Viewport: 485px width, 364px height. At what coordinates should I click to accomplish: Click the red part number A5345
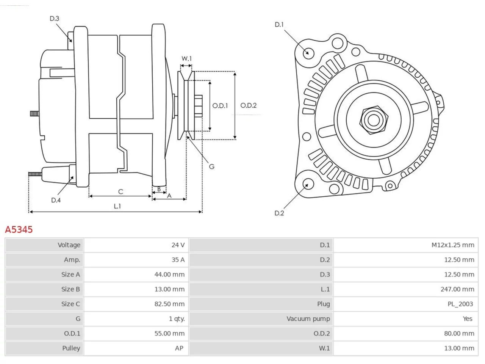click(19, 230)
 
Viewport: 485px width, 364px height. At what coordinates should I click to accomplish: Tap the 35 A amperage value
click(178, 260)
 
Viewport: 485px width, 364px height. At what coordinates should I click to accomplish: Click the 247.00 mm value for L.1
click(457, 289)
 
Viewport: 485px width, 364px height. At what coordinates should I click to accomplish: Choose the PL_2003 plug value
click(460, 304)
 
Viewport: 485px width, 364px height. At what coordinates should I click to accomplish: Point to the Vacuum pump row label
click(308, 319)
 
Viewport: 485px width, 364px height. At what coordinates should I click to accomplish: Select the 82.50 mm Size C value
click(169, 304)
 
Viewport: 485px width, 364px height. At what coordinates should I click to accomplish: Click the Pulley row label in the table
click(71, 348)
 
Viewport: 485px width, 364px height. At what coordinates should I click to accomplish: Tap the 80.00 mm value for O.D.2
click(459, 334)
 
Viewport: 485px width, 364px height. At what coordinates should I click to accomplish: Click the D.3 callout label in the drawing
click(54, 19)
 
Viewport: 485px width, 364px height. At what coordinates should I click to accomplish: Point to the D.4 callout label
click(56, 200)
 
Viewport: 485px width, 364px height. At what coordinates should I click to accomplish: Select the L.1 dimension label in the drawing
click(117, 206)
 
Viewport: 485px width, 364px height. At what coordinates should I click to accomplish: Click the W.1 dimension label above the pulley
click(186, 58)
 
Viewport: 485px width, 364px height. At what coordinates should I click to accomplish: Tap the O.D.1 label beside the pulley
click(220, 106)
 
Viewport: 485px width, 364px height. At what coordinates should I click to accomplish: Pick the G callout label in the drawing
click(211, 166)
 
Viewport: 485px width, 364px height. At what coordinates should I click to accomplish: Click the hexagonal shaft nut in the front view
click(373, 120)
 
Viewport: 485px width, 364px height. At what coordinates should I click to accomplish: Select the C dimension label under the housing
click(120, 191)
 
